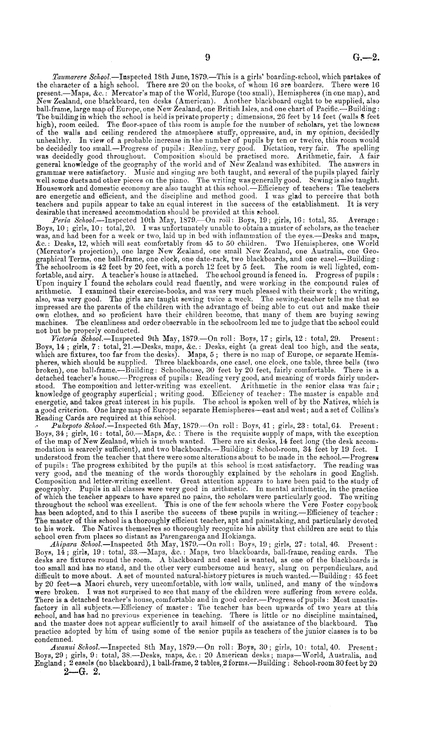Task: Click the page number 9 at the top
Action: coord(208,57)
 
